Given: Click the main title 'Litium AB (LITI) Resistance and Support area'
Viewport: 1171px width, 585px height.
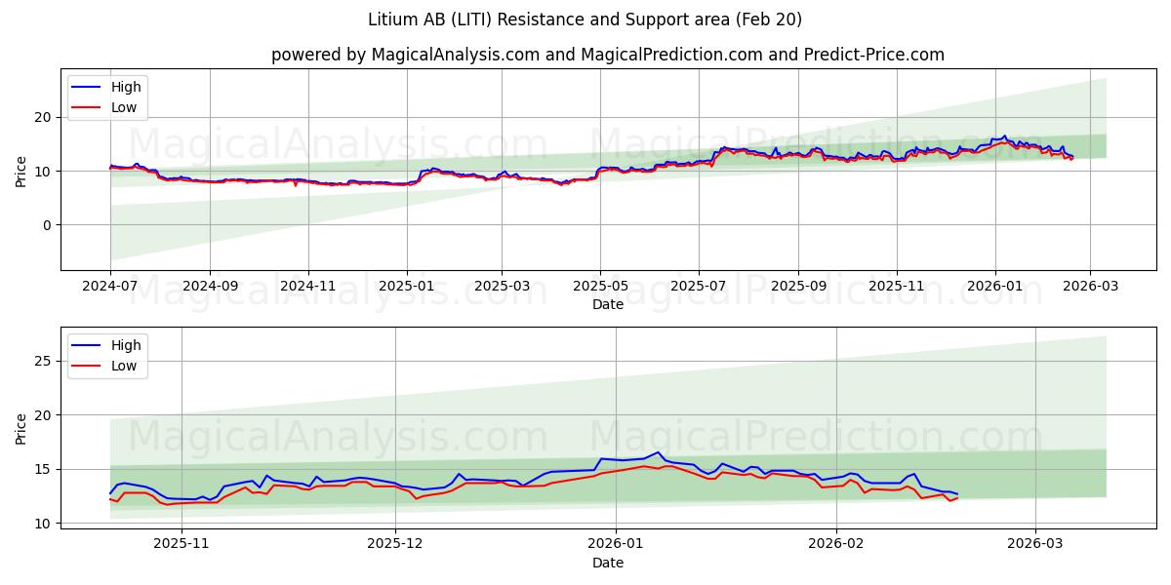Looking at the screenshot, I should (585, 19).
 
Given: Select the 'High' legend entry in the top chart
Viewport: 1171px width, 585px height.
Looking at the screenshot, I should (126, 87).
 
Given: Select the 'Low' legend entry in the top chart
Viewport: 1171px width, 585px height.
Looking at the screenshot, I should (124, 107).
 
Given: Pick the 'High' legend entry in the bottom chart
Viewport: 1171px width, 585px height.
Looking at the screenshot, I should (126, 345).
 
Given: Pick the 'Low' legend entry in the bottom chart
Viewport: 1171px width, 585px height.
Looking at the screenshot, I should (124, 366).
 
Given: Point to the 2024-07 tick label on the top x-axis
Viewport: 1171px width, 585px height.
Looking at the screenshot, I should (110, 287).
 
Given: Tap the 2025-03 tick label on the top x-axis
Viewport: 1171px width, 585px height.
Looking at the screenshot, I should (502, 287).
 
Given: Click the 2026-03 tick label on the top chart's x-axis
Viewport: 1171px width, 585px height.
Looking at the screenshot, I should (1090, 287).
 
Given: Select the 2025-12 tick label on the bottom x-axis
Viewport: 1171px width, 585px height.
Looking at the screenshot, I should (396, 544).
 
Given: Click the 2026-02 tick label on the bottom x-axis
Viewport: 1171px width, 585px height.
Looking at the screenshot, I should (837, 544).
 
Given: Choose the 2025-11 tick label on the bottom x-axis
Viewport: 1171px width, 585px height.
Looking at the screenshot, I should (182, 544).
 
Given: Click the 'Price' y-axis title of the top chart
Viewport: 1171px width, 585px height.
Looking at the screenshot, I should (21, 171).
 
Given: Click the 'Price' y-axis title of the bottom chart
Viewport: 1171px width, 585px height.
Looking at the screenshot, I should (21, 428).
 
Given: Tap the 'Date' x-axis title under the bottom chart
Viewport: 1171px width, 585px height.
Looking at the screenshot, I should (607, 563).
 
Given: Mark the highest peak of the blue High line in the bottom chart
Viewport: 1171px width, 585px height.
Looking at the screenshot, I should (660, 452).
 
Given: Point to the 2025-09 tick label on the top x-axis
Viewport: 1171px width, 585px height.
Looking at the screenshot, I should (797, 287).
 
